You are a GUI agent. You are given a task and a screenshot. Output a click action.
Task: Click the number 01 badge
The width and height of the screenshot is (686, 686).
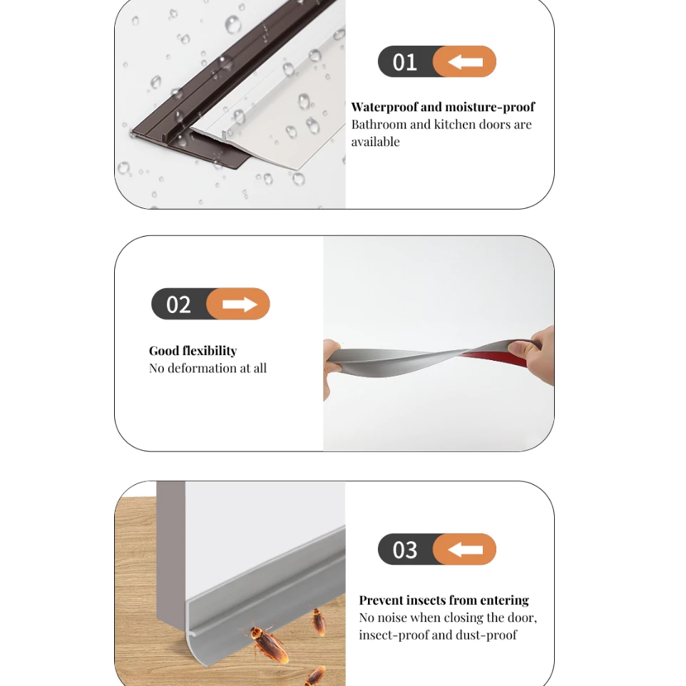pyautogui.click(x=437, y=62)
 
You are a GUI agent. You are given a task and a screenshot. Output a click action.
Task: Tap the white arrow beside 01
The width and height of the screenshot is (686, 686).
pyautogui.click(x=465, y=62)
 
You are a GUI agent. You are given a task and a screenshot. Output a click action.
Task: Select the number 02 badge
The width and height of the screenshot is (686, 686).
pyautogui.click(x=210, y=304)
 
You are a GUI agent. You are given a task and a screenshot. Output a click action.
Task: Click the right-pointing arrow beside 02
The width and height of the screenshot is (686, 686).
pyautogui.click(x=240, y=304)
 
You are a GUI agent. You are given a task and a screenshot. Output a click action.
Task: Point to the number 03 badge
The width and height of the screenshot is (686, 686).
pyautogui.click(x=437, y=549)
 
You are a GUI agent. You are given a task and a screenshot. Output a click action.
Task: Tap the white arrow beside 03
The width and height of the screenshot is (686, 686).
pyautogui.click(x=465, y=550)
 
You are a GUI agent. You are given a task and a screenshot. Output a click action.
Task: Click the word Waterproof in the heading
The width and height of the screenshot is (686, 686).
pyautogui.click(x=384, y=107)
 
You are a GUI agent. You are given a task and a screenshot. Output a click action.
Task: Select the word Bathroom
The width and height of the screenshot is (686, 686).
pyautogui.click(x=379, y=124)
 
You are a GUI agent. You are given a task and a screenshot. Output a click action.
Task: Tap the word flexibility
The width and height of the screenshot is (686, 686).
pyautogui.click(x=209, y=351)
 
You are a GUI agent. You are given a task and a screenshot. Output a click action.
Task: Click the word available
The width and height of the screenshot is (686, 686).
pyautogui.click(x=375, y=142)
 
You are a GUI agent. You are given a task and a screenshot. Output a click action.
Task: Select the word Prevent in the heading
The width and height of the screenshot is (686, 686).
pyautogui.click(x=378, y=600)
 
